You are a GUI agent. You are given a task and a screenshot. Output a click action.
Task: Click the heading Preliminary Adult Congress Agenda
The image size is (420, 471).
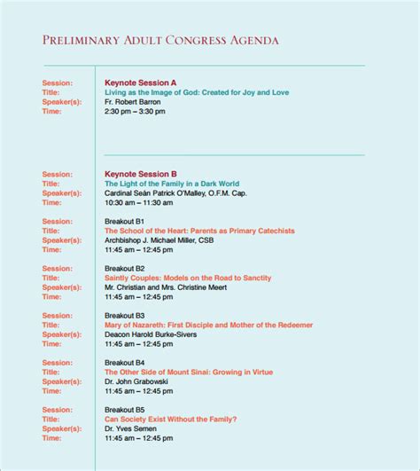(160, 41)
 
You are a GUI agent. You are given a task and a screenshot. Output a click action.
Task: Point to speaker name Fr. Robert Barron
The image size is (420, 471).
(133, 102)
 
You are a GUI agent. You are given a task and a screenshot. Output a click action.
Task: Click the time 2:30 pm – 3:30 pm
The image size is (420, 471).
(135, 112)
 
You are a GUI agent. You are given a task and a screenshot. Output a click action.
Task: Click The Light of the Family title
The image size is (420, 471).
(172, 184)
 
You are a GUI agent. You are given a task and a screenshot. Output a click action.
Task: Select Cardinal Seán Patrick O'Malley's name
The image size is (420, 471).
(175, 193)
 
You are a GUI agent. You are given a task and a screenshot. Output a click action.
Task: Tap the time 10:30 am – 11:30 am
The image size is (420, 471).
(138, 203)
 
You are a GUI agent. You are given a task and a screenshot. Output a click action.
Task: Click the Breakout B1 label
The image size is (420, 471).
(125, 222)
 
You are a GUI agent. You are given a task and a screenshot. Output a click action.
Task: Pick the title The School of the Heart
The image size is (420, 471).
(199, 232)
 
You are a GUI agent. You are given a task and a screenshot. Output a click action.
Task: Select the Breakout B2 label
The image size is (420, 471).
(125, 268)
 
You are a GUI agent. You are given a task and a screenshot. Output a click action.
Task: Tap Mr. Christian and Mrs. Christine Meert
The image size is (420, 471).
(165, 287)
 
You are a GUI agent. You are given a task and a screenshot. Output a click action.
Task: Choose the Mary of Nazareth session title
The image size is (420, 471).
(208, 326)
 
